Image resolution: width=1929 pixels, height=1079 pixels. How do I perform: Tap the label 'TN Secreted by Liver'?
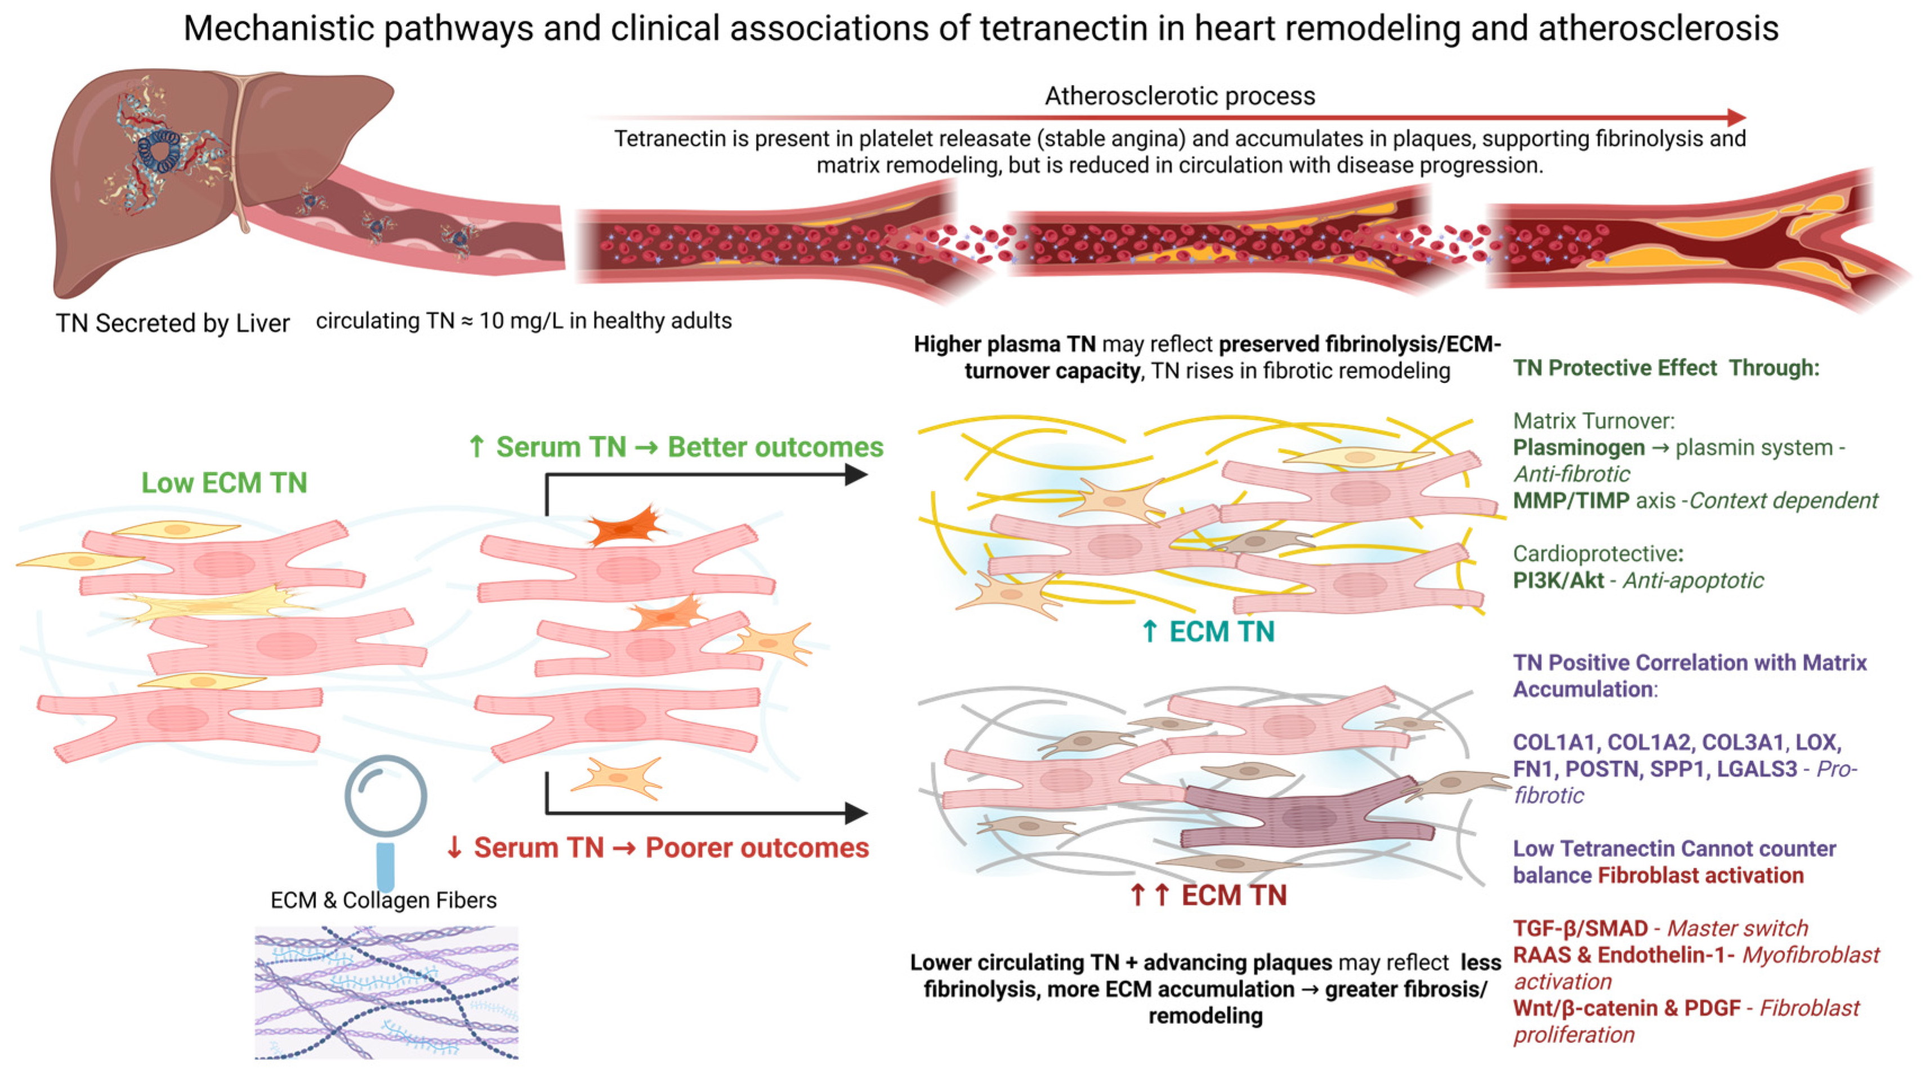172,323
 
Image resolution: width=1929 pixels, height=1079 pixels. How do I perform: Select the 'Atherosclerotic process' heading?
1180,96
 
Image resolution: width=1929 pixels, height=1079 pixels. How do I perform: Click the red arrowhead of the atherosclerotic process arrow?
1736,118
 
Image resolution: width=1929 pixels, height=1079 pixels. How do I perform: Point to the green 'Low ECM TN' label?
225,483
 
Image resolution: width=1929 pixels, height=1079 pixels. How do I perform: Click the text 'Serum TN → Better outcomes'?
689,447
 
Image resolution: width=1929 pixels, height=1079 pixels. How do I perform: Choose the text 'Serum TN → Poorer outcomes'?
670,848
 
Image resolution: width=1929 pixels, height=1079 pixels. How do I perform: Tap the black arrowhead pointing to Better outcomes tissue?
855,475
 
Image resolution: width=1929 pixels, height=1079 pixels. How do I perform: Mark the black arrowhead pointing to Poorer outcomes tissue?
855,813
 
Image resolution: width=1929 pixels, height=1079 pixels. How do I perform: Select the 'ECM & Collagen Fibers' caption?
383,900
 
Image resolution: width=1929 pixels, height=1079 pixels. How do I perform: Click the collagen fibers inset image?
386,992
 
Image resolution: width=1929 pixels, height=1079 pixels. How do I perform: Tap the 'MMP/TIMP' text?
1571,501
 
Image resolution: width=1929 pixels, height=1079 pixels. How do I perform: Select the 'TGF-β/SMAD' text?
1580,929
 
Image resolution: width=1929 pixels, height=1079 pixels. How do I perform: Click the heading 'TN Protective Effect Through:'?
1666,368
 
